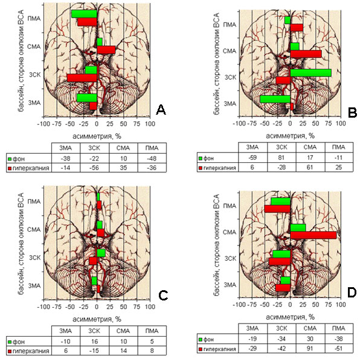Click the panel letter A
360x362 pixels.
click(161, 110)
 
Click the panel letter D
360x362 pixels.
click(352, 293)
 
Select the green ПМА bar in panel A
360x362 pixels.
click(84, 14)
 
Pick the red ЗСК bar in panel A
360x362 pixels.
click(82, 78)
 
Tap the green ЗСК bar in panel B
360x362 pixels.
click(310, 73)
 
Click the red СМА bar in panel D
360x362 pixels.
click(313, 235)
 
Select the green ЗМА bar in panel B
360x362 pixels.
click(275, 99)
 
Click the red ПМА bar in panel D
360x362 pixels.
click(277, 209)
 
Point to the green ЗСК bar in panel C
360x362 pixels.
click(101, 253)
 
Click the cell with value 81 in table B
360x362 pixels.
click(281, 158)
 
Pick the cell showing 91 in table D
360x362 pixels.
click(310, 348)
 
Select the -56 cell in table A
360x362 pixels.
click(94, 168)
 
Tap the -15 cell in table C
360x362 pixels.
click(94, 351)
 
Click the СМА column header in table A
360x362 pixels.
click(123, 148)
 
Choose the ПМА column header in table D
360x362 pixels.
click(338, 328)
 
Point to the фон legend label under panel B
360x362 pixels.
click(208, 158)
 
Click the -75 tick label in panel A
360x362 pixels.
click(57, 124)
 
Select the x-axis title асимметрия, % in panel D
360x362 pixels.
click(290, 317)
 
